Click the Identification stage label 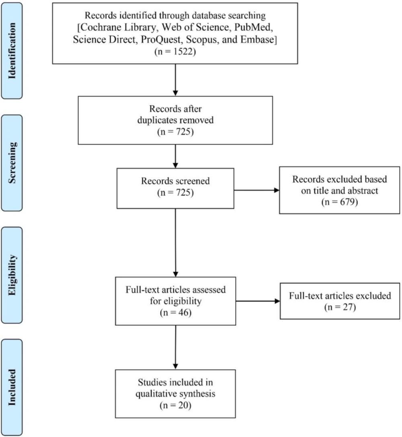point(12,51)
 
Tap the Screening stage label point(12,163)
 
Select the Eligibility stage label point(12,275)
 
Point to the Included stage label point(12,388)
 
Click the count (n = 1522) point(175,52)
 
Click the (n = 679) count point(339,202)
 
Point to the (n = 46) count point(176,313)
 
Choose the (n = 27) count point(340,307)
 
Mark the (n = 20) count point(175,405)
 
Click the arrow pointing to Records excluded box point(257,190)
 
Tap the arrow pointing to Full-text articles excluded point(258,301)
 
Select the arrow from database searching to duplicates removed point(175,80)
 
